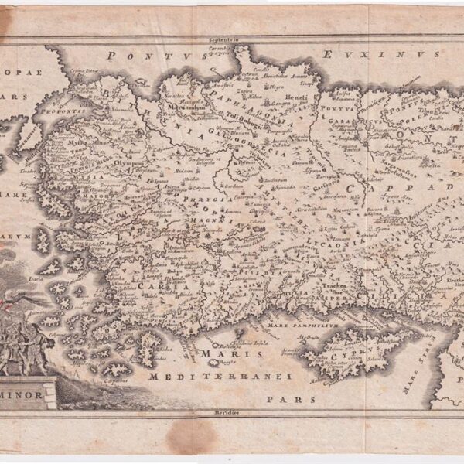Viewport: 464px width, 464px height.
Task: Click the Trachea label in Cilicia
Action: click(337, 285)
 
